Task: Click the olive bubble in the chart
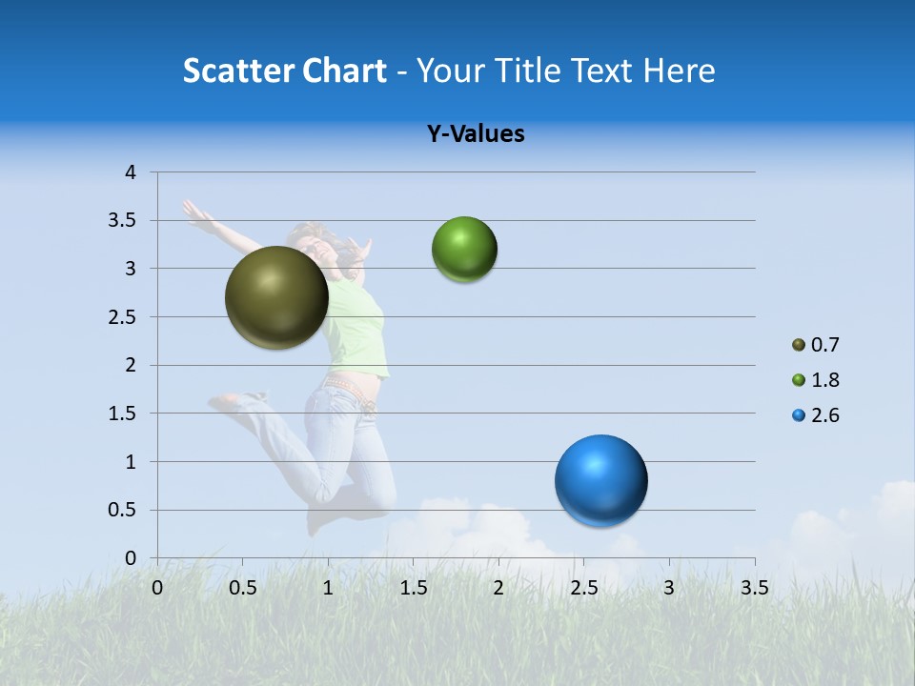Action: coord(276,297)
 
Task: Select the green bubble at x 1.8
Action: coord(464,250)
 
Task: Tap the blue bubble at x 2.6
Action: coord(600,480)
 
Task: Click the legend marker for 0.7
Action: coord(799,345)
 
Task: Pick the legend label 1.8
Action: coord(824,380)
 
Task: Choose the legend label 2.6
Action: coord(824,415)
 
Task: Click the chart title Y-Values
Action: coord(476,134)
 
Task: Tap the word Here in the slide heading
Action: coord(679,71)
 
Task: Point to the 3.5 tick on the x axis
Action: coord(754,588)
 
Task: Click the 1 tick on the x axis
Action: coord(328,588)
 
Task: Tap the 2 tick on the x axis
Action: coord(498,588)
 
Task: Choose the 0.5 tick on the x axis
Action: coord(243,588)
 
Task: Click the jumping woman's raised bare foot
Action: coord(224,401)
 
